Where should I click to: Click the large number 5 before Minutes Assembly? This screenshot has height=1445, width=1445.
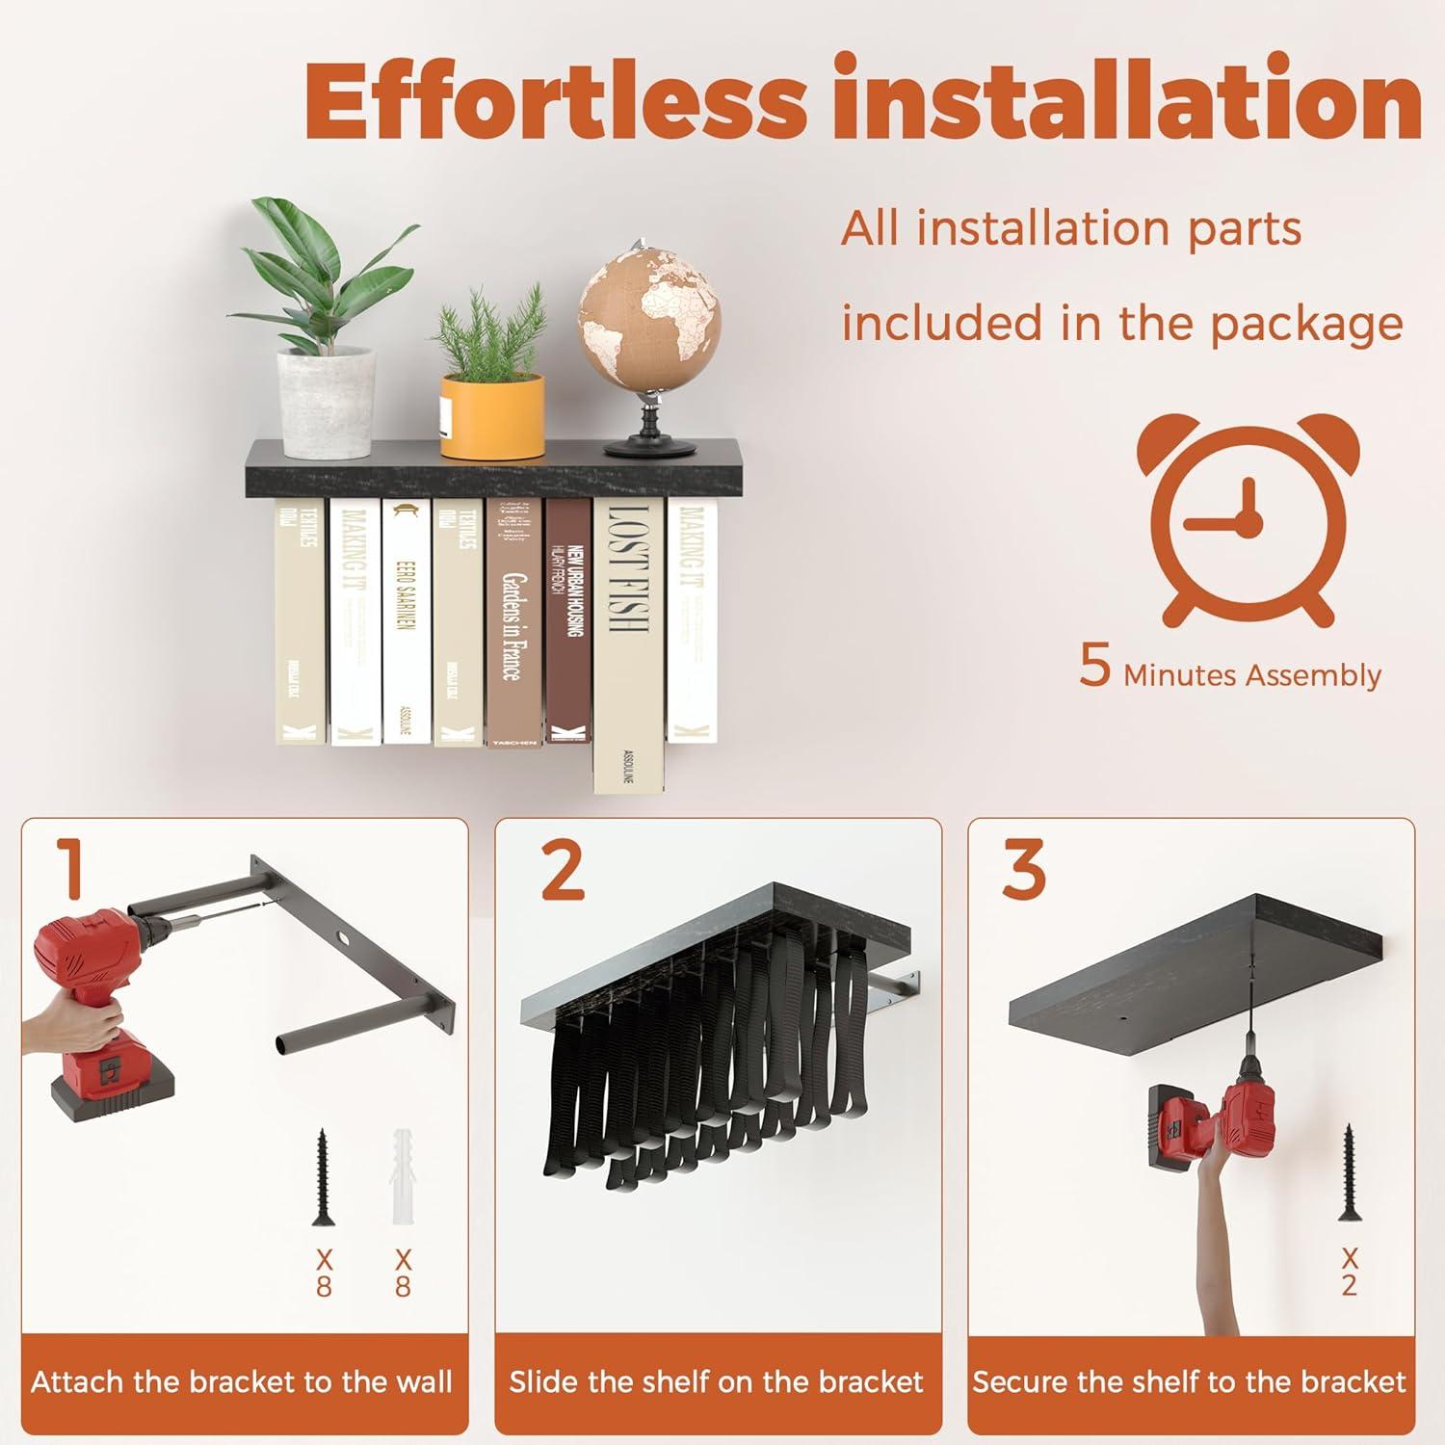[x=1095, y=667]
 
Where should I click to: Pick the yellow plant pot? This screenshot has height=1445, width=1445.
[x=491, y=415]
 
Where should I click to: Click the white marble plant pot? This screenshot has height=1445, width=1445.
[x=327, y=402]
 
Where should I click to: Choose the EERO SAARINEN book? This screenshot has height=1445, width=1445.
[x=407, y=620]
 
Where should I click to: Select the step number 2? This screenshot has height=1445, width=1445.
[x=563, y=869]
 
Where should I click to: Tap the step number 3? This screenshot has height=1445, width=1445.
[x=1023, y=869]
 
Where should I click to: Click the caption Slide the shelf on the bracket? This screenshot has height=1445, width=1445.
[x=717, y=1382]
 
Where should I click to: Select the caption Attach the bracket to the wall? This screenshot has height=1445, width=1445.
[x=242, y=1382]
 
